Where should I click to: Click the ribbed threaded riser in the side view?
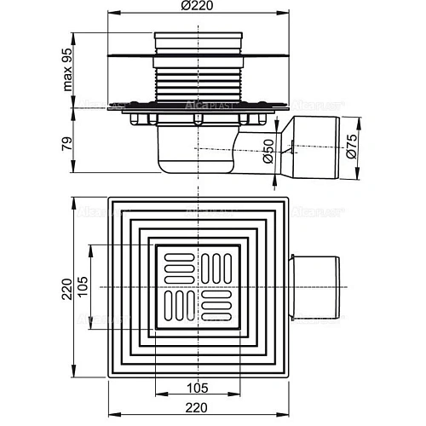point(199,89)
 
